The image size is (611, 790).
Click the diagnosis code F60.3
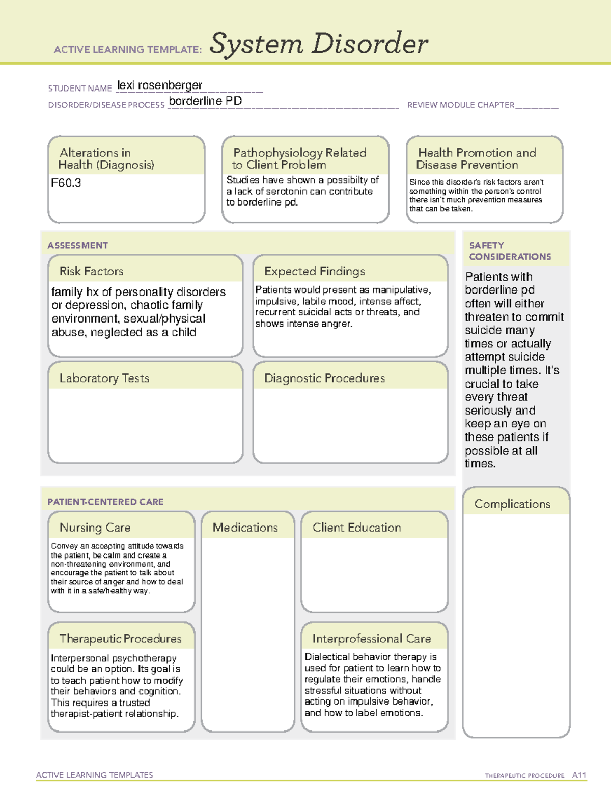click(66, 183)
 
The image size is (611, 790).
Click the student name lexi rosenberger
click(159, 85)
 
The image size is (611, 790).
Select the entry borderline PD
click(205, 101)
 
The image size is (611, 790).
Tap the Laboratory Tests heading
click(104, 378)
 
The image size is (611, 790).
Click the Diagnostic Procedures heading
click(324, 378)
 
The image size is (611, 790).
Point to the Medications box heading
click(245, 528)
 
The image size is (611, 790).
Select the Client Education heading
click(356, 528)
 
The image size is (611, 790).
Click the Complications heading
click(512, 504)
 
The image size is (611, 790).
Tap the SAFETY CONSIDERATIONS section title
click(510, 251)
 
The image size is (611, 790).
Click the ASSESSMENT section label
click(78, 245)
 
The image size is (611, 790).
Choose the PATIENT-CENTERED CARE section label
click(105, 502)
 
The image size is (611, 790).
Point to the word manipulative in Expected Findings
click(402, 290)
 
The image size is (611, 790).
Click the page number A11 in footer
click(579, 775)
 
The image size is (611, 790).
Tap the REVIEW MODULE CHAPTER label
click(461, 105)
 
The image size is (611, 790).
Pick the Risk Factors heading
click(91, 271)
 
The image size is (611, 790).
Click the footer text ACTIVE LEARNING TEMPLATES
click(94, 775)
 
